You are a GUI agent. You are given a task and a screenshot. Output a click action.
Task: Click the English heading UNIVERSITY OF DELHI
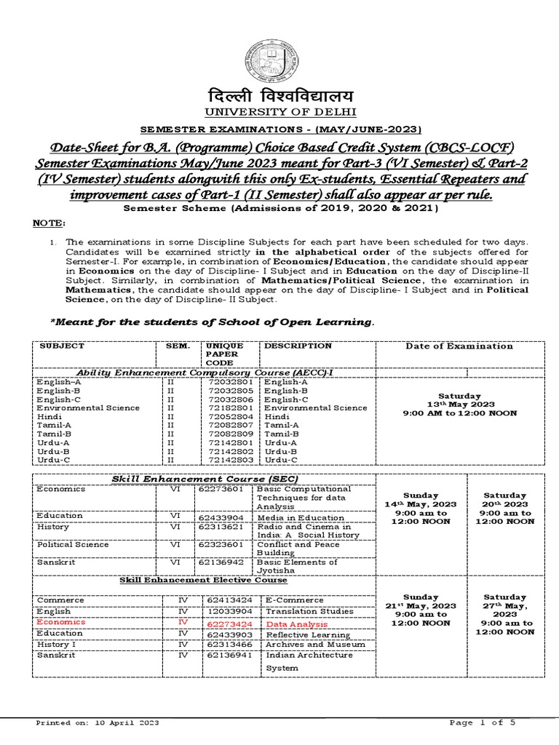pyautogui.click(x=281, y=112)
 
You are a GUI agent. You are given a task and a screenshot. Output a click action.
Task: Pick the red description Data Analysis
pyautogui.click(x=296, y=624)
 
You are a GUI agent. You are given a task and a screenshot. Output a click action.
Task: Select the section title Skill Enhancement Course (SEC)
pyautogui.click(x=205, y=477)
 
